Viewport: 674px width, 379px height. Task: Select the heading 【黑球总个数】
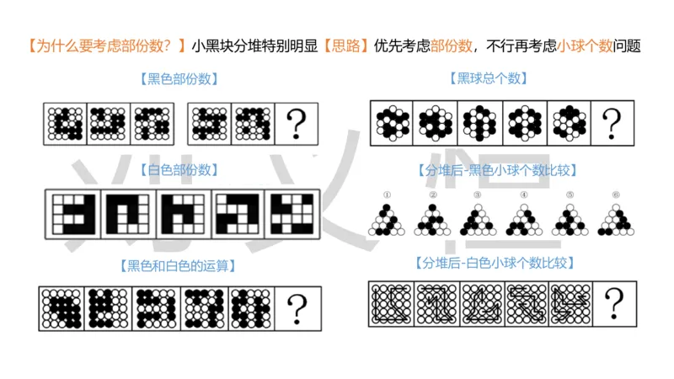click(x=492, y=80)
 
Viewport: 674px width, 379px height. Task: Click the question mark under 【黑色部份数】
click(x=296, y=124)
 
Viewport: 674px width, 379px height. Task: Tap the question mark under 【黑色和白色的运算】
click(x=297, y=307)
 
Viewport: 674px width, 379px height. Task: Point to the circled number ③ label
click(x=478, y=195)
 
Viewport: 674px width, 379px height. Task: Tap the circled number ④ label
click(x=523, y=195)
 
